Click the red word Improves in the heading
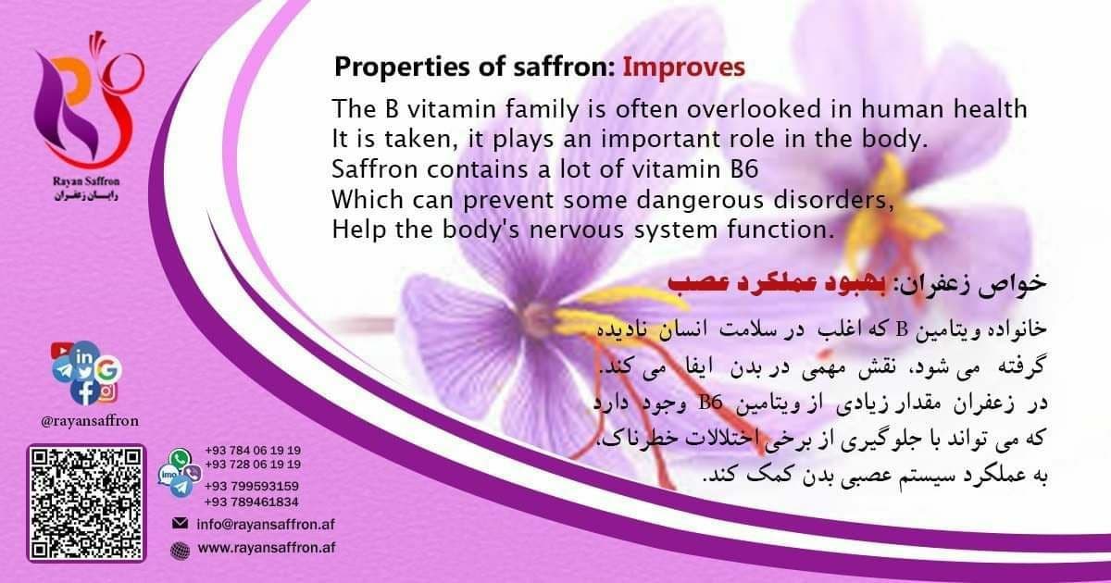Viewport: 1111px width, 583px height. pyautogui.click(x=684, y=67)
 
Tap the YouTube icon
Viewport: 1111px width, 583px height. pyautogui.click(x=61, y=351)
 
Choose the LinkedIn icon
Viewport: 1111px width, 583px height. pyautogui.click(x=84, y=356)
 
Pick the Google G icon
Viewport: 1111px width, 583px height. pyautogui.click(x=107, y=369)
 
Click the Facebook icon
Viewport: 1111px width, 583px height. pyautogui.click(x=85, y=392)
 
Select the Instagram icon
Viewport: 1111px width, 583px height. pyautogui.click(x=107, y=392)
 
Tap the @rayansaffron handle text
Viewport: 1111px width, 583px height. pyautogui.click(x=90, y=421)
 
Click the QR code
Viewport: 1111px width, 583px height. pyautogui.click(x=86, y=503)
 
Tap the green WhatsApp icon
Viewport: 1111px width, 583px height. pyautogui.click(x=180, y=458)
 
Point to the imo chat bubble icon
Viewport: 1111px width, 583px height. pyautogui.click(x=168, y=476)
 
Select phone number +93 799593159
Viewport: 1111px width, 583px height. pyautogui.click(x=252, y=486)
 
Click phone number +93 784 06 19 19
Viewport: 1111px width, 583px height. pyautogui.click(x=253, y=450)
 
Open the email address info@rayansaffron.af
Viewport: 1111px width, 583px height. pyautogui.click(x=266, y=524)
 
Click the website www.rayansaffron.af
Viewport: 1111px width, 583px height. pyautogui.click(x=267, y=547)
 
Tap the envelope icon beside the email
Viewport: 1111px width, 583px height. pyautogui.click(x=180, y=523)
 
